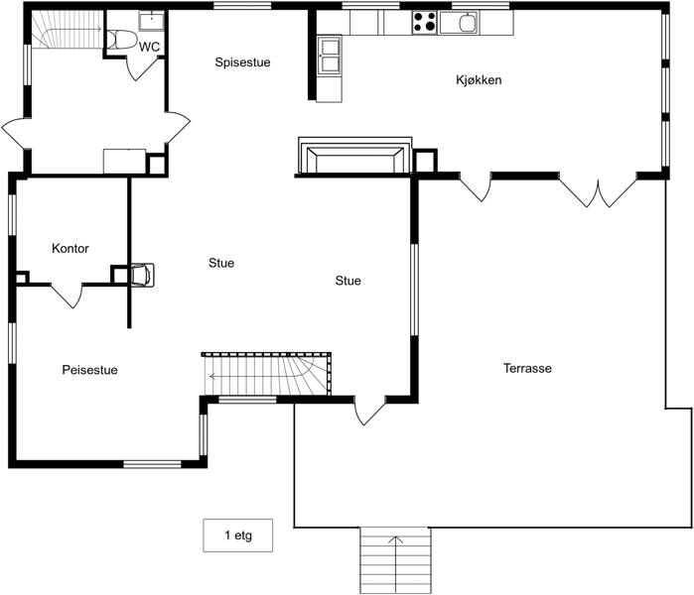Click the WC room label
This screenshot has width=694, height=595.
tap(149, 47)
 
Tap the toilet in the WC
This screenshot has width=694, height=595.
tap(122, 39)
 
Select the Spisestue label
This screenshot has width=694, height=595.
tap(242, 62)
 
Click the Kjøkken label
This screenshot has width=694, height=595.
tap(479, 80)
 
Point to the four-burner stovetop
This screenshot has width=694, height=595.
tap(425, 23)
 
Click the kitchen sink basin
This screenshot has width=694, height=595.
tap(467, 23)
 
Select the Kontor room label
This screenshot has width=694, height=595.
tap(69, 249)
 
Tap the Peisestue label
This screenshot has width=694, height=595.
tap(89, 370)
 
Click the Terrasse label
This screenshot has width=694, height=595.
tap(527, 368)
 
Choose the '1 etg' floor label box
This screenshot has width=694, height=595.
tap(237, 535)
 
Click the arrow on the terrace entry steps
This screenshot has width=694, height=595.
tap(396, 554)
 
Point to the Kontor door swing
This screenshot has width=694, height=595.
tap(68, 296)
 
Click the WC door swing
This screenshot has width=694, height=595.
tap(143, 68)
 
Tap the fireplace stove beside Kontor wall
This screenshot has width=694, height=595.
tap(143, 275)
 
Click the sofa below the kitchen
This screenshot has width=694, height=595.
tap(355, 156)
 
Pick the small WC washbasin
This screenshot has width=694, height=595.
tap(151, 21)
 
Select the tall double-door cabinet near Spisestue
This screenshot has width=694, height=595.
tap(330, 56)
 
